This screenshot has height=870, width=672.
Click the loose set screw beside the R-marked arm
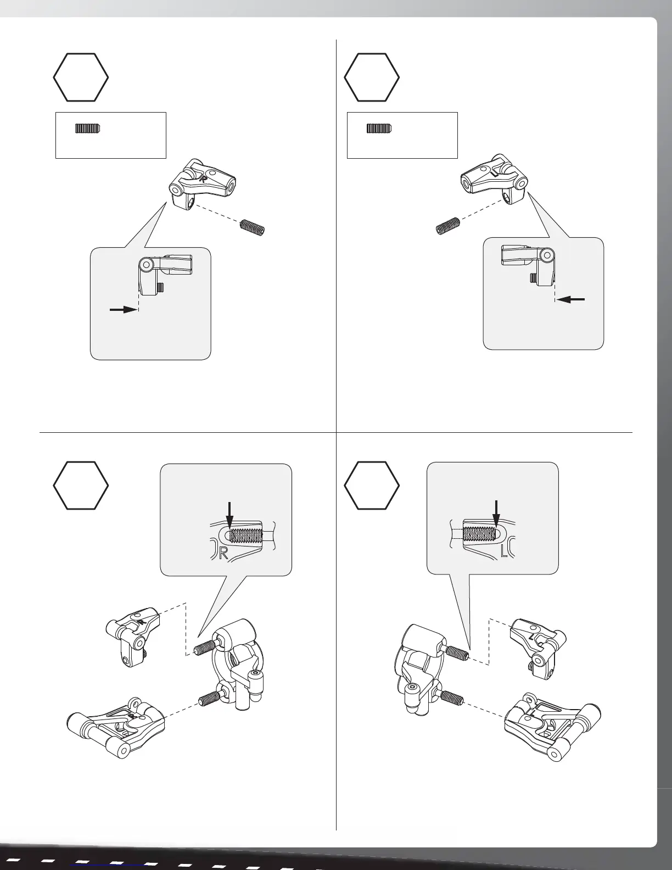pos(253,226)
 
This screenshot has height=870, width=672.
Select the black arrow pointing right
pos(123,310)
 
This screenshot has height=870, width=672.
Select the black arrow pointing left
pos(572,300)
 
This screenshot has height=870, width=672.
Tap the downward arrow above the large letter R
pos(230,514)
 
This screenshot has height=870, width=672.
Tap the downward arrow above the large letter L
pos(497,514)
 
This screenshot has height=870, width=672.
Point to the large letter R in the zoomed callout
pos(222,554)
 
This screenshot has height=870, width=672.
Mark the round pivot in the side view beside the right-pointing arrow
pos(145,265)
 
